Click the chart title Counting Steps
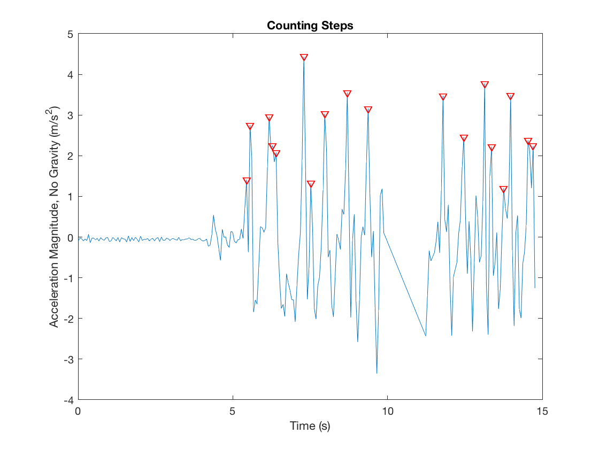pyautogui.click(x=310, y=26)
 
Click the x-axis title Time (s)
pyautogui.click(x=310, y=426)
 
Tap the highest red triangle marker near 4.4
pyautogui.click(x=304, y=57)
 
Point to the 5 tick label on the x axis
pyautogui.click(x=233, y=412)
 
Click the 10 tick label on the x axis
pyautogui.click(x=387, y=412)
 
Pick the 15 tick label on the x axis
pyautogui.click(x=542, y=412)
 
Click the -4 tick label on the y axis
pyautogui.click(x=68, y=400)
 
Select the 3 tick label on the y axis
pyautogui.click(x=70, y=115)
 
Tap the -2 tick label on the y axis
pyautogui.click(x=68, y=319)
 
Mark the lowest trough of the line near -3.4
pyautogui.click(x=377, y=373)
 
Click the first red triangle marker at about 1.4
pyautogui.click(x=247, y=181)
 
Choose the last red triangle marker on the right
pyautogui.click(x=532, y=146)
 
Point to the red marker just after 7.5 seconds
pyautogui.click(x=311, y=184)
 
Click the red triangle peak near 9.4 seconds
pyautogui.click(x=368, y=110)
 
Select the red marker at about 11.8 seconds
pyautogui.click(x=443, y=97)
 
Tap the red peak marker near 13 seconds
pyautogui.click(x=485, y=84)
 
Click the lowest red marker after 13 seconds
pyautogui.click(x=503, y=189)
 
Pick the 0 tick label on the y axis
pyautogui.click(x=70, y=237)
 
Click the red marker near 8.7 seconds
pyautogui.click(x=347, y=94)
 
